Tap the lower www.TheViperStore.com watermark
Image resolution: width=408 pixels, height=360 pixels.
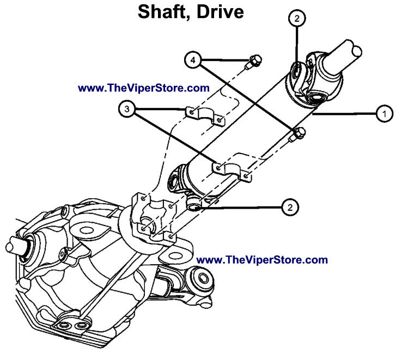[261, 260]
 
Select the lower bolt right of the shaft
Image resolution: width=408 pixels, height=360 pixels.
[298, 133]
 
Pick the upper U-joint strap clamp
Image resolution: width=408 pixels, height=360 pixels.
[205, 114]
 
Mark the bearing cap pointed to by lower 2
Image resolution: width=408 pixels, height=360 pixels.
[193, 205]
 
